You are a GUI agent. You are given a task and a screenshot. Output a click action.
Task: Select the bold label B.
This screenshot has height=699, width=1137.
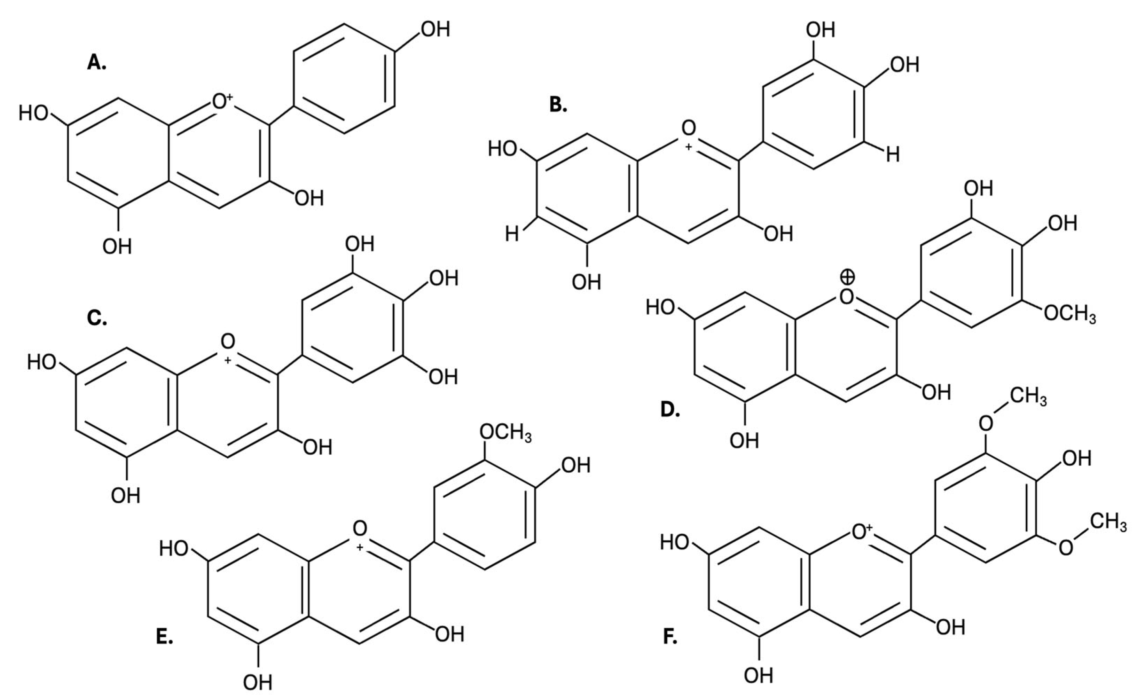558,105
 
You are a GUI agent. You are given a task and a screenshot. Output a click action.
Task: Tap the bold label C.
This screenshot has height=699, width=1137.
96,318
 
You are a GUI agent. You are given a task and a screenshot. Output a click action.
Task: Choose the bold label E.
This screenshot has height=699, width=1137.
164,637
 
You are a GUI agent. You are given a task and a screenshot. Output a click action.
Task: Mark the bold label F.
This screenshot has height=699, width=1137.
670,637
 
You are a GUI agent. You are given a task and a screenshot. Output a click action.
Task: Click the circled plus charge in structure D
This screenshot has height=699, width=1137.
847,277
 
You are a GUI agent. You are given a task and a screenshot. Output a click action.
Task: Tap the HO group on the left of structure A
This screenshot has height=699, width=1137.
33,113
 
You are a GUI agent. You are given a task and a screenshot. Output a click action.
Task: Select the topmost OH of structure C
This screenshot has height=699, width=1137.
359,244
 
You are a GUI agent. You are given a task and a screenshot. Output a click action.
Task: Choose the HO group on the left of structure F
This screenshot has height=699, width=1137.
675,542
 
